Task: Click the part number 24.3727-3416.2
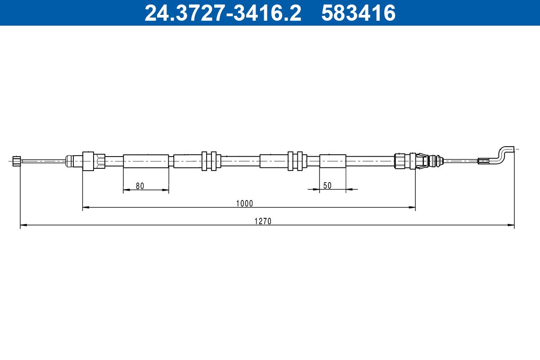[x=222, y=13]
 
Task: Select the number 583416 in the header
[x=358, y=13]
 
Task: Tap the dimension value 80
[x=139, y=186]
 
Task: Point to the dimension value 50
[x=327, y=185]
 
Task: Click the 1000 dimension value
[x=245, y=203]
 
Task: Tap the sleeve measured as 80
[x=146, y=161]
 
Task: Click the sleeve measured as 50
[x=333, y=161]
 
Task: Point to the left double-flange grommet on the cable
[x=209, y=161]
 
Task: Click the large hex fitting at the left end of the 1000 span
[x=89, y=161]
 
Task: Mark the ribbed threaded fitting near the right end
[x=399, y=161]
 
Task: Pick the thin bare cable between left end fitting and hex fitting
[x=43, y=161]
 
